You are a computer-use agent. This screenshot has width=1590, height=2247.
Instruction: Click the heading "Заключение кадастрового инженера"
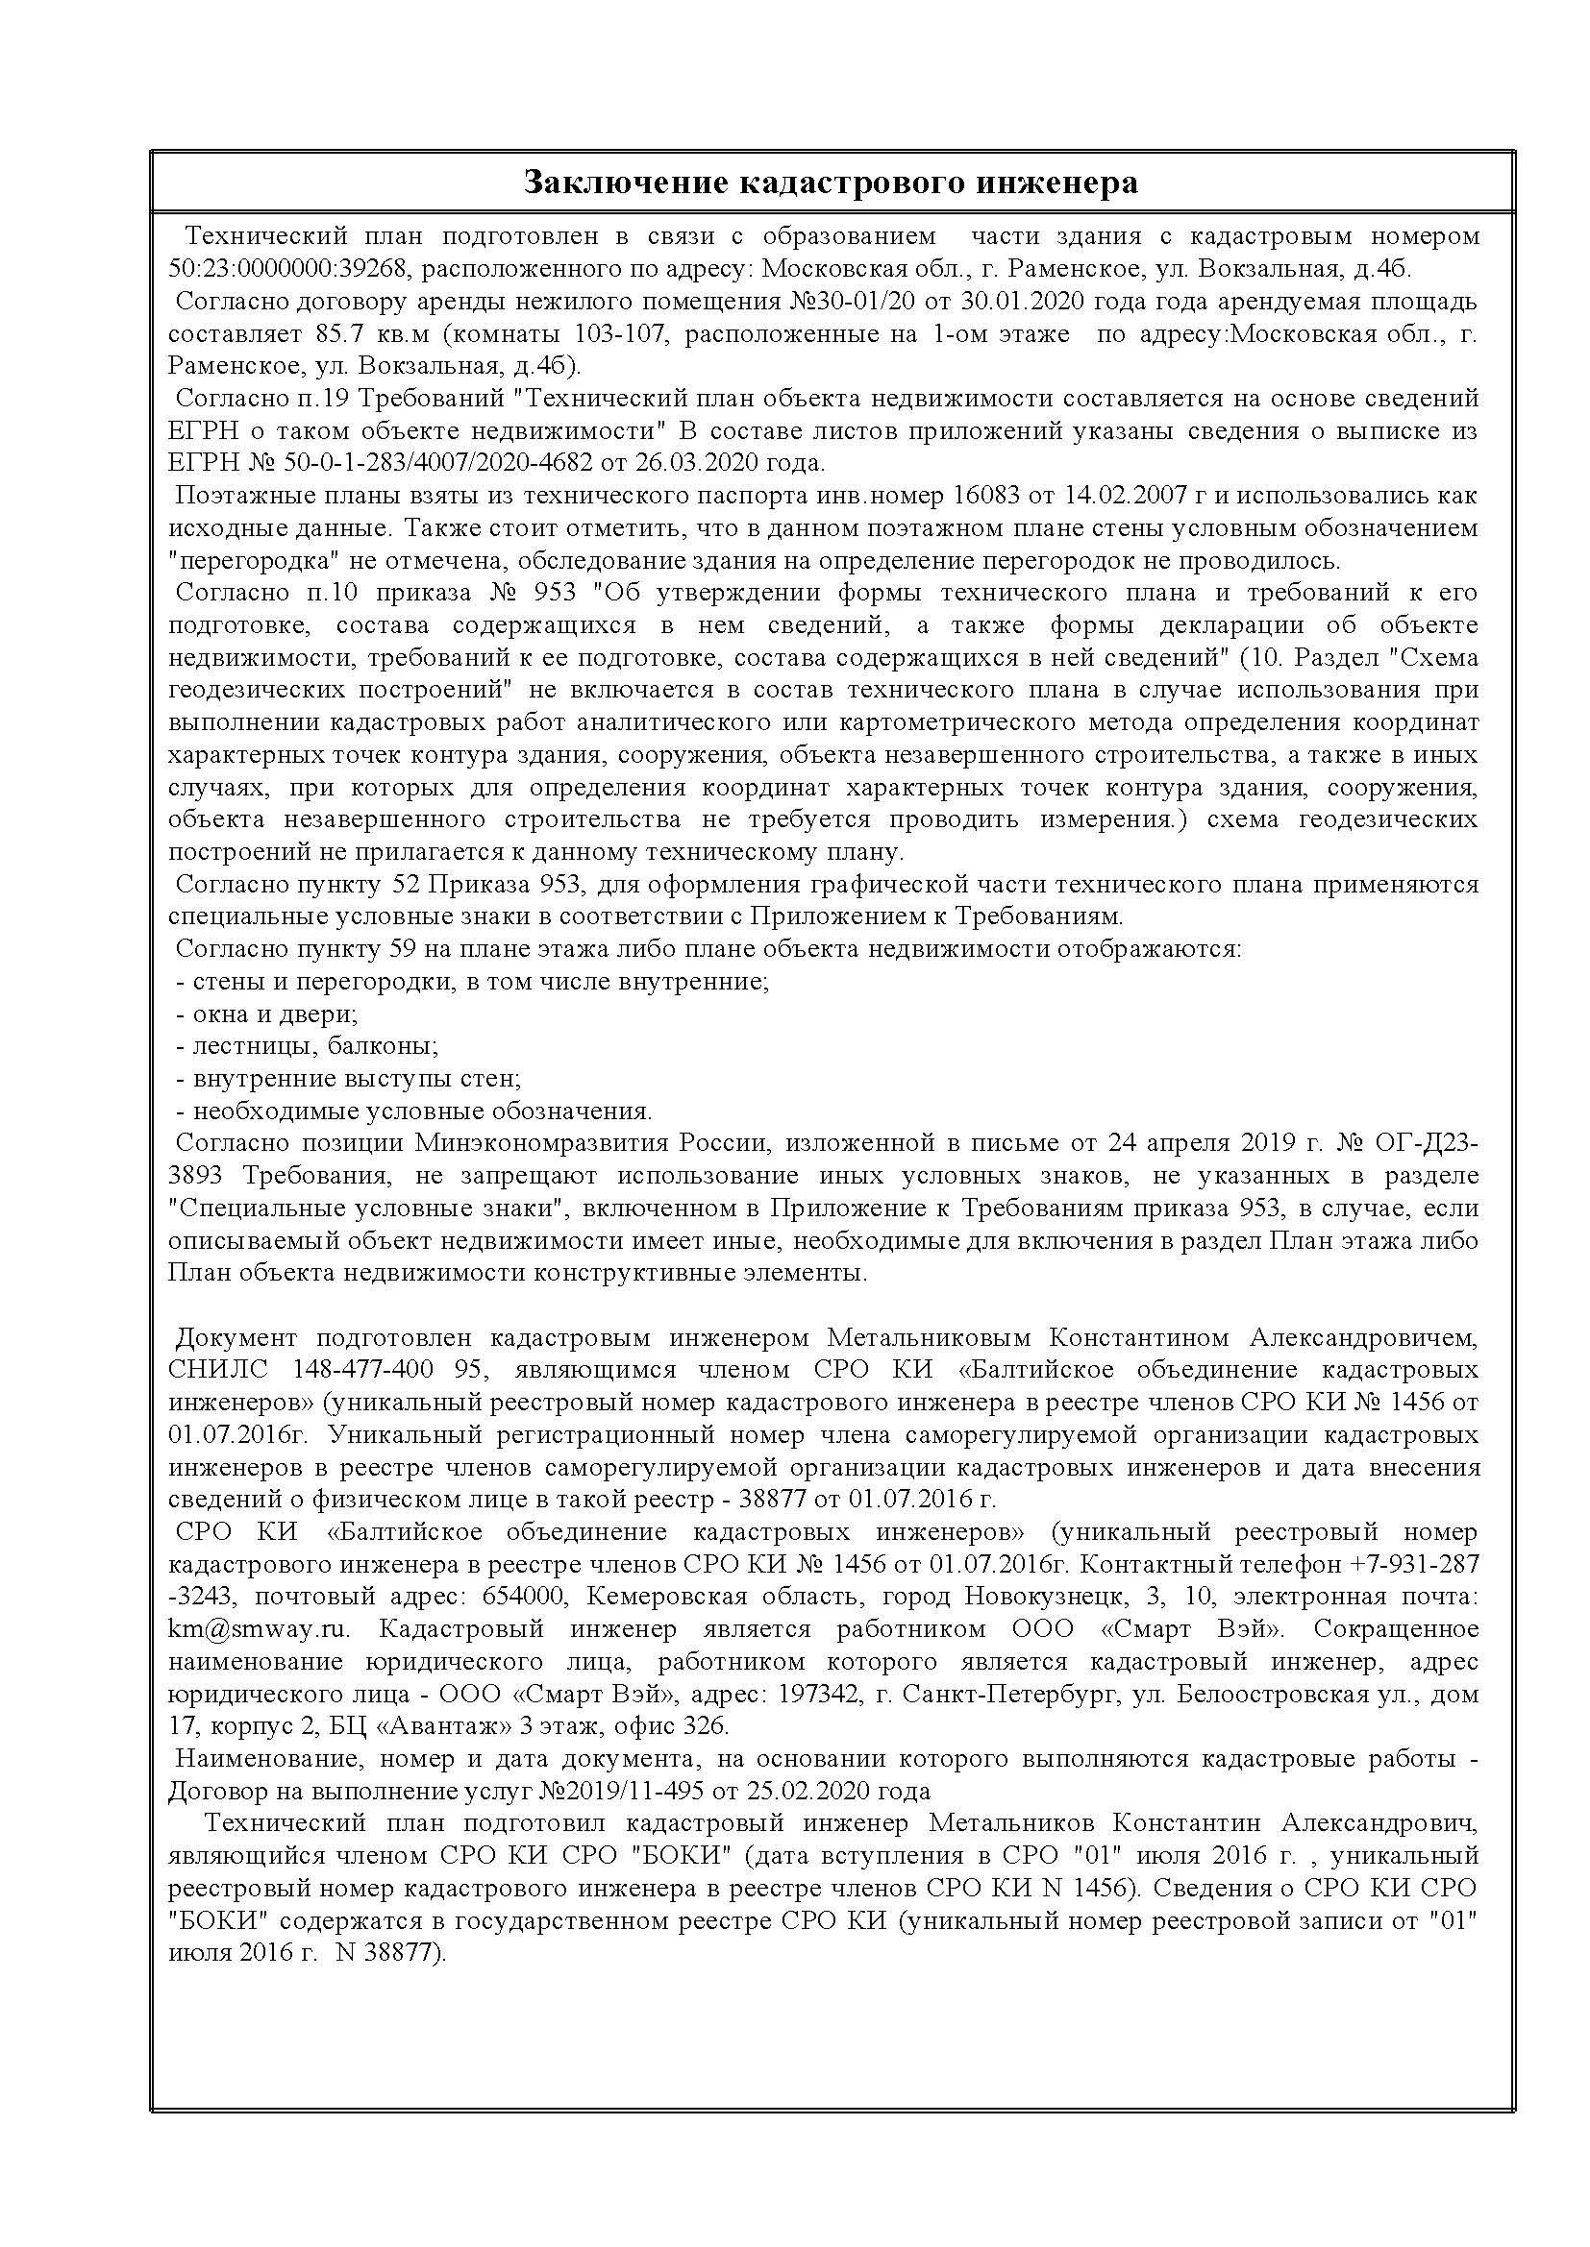[x=831, y=183]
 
